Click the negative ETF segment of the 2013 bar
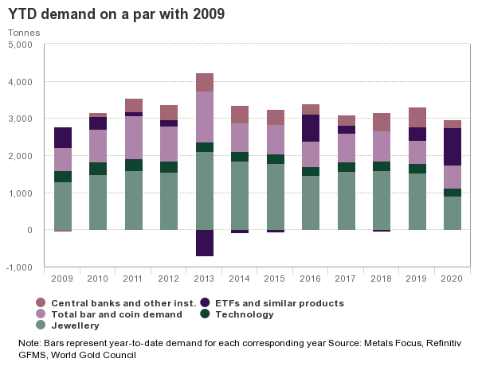coord(204,243)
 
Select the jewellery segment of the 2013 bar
coord(204,191)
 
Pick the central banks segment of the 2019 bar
coord(417,117)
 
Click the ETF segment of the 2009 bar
coord(63,138)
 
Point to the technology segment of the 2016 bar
coord(311,171)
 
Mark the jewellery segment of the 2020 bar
coord(453,213)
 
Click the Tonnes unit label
coord(23,33)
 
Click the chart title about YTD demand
coord(116,14)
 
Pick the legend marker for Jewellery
coord(41,325)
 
